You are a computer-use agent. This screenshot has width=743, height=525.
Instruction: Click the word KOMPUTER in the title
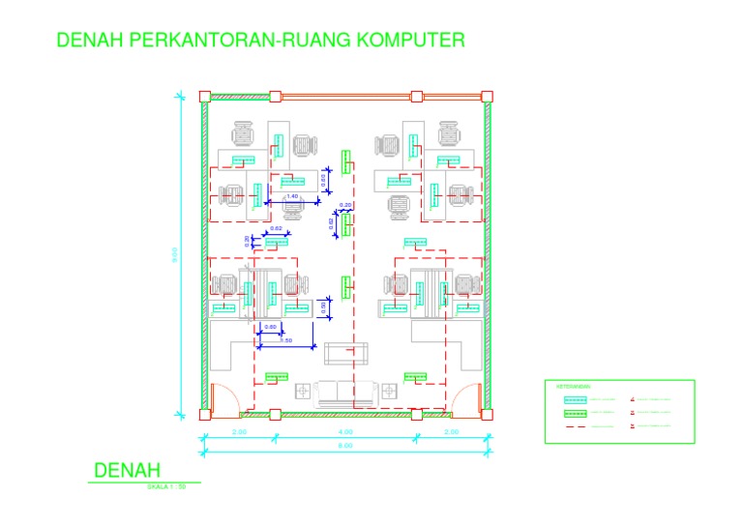411,40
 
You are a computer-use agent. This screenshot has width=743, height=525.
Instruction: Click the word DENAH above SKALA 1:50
126,471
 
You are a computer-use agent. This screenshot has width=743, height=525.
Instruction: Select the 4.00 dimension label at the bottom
345,431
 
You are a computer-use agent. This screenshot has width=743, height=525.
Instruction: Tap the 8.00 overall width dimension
345,445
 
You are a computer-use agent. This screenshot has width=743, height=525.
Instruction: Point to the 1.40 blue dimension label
292,196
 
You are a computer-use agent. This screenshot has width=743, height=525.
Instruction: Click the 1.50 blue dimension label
285,340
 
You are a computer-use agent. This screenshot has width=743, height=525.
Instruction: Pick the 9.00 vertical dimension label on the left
175,256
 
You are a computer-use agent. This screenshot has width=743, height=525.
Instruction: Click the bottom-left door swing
222,397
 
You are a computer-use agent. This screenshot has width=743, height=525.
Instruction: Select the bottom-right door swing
468,397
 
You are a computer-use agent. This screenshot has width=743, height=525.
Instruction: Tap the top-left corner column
205,96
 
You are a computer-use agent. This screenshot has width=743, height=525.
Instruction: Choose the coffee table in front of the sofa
346,353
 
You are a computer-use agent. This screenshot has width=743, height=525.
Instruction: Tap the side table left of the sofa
304,392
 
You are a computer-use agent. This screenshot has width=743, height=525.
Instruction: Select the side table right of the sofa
390,392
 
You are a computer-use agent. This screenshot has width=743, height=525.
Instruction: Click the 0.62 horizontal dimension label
276,229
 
